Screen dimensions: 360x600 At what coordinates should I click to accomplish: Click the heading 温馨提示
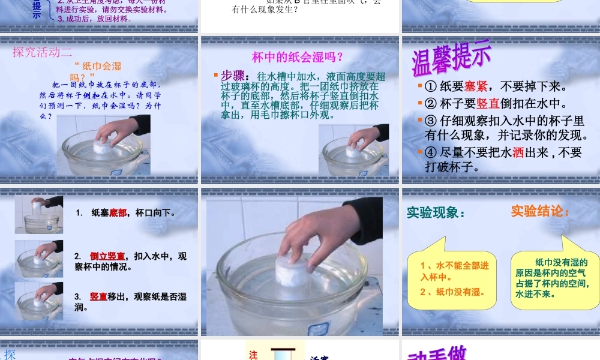[451, 58]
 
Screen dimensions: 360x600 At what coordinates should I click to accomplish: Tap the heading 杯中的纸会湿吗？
[298, 58]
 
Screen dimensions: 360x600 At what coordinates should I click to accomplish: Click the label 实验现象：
[436, 212]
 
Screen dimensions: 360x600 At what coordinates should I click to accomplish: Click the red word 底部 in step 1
[118, 212]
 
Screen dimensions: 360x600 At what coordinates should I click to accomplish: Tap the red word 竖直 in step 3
[98, 296]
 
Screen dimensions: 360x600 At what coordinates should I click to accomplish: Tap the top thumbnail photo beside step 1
[40, 214]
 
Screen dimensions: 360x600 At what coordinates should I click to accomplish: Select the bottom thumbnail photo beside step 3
[40, 301]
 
